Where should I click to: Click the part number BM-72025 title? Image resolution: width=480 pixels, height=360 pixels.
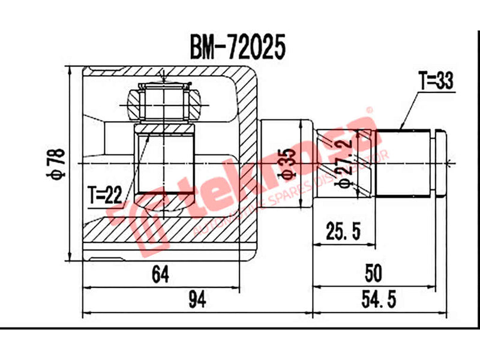click(237, 46)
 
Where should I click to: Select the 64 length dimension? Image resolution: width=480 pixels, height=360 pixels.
click(160, 274)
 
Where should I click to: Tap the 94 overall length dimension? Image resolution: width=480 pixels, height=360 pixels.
click(195, 298)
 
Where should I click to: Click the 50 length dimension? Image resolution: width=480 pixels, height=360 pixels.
click(373, 274)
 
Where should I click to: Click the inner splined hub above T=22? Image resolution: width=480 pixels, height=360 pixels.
click(164, 162)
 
